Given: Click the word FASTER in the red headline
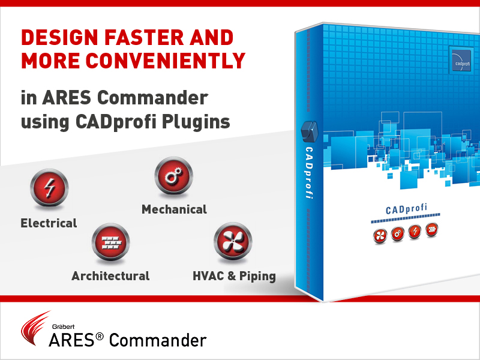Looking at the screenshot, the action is click(x=144, y=38).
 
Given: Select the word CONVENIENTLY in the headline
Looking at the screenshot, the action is click(x=166, y=61).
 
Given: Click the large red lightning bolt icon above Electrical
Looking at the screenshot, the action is click(x=49, y=188).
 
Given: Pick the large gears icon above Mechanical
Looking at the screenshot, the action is click(x=173, y=176).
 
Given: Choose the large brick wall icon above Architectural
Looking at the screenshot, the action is click(x=111, y=242).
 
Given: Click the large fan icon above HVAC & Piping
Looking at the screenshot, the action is click(x=233, y=241).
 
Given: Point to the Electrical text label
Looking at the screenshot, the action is click(x=49, y=223).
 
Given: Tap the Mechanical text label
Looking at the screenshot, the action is click(x=174, y=209).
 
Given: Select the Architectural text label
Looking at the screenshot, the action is click(x=110, y=276).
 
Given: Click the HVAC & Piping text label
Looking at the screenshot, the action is click(x=234, y=276).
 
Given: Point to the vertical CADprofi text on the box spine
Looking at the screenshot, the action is click(x=309, y=173).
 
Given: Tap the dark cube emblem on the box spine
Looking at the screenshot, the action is click(x=310, y=131).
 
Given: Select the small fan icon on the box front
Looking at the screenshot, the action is click(x=380, y=236).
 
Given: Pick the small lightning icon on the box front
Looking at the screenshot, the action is click(x=415, y=232).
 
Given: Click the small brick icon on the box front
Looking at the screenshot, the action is click(x=431, y=230).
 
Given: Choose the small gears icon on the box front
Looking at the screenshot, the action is click(x=398, y=234).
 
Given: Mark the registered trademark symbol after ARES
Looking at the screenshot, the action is click(x=100, y=337).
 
